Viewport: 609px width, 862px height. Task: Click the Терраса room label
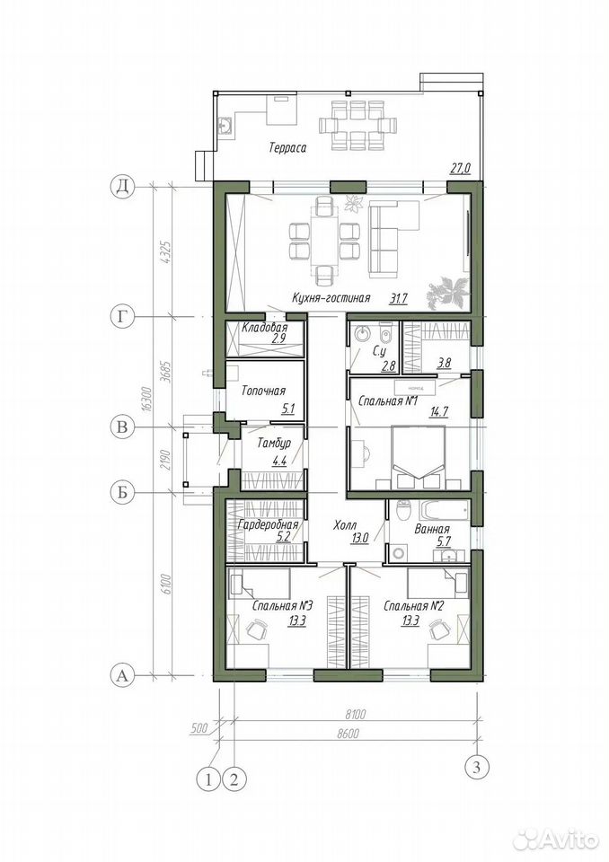(x=287, y=147)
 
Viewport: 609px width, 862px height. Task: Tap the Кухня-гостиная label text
(x=331, y=298)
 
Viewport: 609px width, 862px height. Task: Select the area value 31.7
(x=398, y=298)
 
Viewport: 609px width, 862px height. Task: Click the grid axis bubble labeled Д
(x=123, y=187)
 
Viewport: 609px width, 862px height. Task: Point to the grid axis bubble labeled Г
(x=123, y=317)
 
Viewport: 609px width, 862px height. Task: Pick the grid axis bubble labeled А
(x=123, y=674)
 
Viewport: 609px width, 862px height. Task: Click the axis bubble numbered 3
(x=476, y=766)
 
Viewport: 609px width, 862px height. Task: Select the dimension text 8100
(x=356, y=715)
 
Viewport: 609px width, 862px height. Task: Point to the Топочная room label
(x=263, y=391)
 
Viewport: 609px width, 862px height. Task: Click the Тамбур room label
(x=274, y=444)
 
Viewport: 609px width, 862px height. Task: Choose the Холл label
(x=345, y=525)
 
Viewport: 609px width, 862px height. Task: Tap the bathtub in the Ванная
(x=444, y=510)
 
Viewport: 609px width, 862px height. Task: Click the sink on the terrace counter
(x=225, y=127)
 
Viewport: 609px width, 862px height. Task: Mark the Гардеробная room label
(x=268, y=524)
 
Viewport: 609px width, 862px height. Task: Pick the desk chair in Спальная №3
(x=256, y=628)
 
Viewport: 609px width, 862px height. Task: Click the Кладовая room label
(x=265, y=329)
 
